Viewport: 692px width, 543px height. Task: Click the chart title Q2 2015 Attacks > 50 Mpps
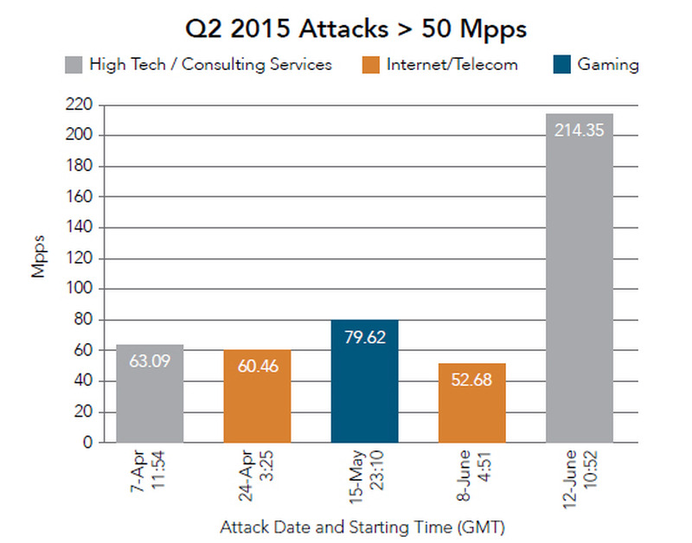pos(356,29)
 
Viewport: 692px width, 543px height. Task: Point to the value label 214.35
pos(580,131)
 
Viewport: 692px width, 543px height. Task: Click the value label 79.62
pos(364,337)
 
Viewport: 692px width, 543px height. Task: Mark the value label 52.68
pos(471,379)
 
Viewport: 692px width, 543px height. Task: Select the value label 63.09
pos(150,363)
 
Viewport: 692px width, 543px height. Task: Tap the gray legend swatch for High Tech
pos(74,65)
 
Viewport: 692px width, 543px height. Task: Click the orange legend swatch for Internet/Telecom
pos(371,65)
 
